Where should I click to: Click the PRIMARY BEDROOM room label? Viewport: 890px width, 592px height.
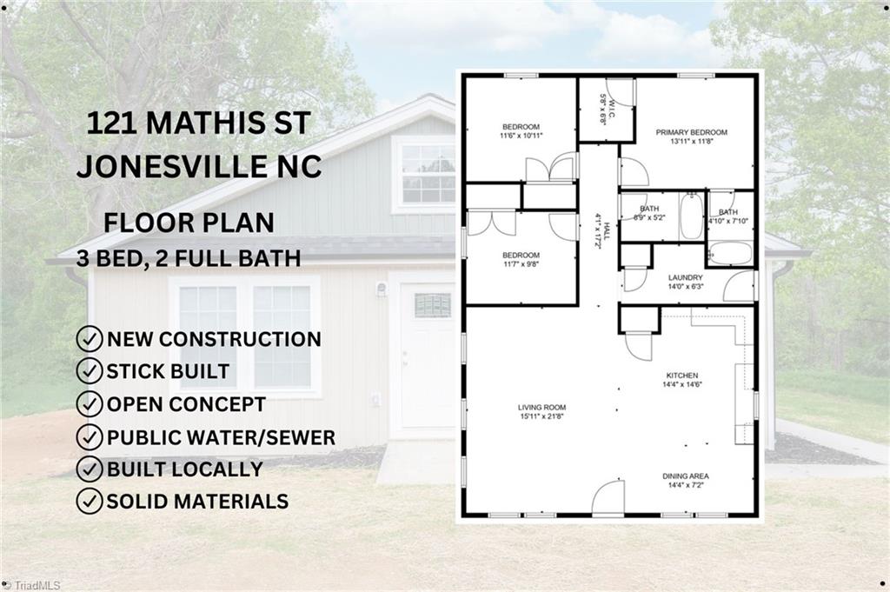point(691,132)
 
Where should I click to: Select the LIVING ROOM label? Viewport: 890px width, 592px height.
point(541,407)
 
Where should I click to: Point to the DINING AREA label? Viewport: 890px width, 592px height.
point(686,476)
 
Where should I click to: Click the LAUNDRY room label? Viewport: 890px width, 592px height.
point(685,278)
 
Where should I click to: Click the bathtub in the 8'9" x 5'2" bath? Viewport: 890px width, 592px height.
point(691,217)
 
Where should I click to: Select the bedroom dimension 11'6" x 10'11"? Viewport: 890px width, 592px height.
point(521,136)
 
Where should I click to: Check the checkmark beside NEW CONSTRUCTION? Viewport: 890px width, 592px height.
point(89,339)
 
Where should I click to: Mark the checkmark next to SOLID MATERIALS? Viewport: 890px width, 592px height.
point(89,502)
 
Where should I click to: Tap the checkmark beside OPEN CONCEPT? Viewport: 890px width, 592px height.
point(89,404)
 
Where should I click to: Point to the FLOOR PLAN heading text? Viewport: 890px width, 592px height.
point(189,222)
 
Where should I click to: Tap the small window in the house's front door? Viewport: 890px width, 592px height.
point(432,305)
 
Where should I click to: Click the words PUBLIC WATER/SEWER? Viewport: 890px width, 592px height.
point(221,437)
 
